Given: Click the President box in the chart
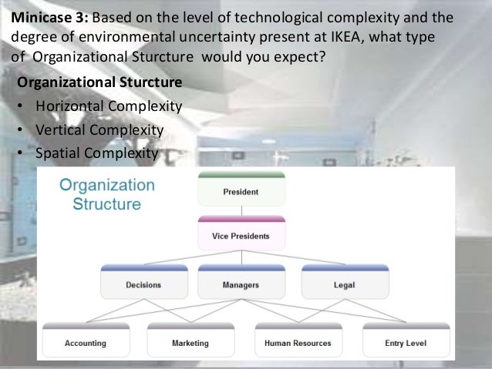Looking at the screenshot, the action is click(241, 191).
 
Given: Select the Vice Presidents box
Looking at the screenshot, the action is click(241, 235).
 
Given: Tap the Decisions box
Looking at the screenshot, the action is click(143, 284).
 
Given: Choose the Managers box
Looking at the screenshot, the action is click(240, 284).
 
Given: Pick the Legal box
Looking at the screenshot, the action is click(344, 284).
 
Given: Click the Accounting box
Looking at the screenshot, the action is click(86, 342).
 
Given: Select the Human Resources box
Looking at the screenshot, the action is click(298, 342).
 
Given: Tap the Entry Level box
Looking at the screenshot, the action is click(406, 342).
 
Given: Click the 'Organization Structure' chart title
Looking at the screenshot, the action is click(107, 194).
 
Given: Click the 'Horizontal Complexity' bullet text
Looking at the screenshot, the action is click(109, 106).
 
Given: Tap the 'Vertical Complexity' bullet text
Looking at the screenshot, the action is click(99, 129).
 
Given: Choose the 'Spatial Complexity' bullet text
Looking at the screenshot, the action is click(96, 153).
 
